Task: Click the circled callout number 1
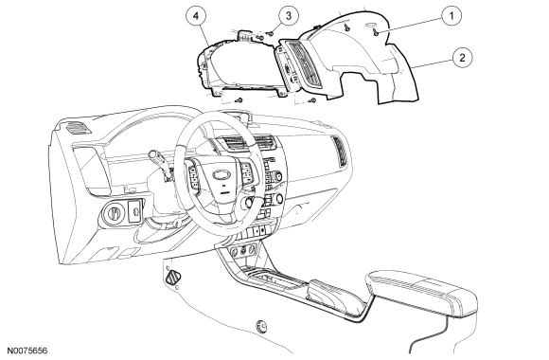click(x=452, y=16)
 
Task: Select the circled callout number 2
click(x=462, y=57)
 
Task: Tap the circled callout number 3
click(x=289, y=15)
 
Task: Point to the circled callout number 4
click(x=196, y=15)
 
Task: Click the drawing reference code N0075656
click(x=27, y=351)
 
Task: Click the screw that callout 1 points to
click(x=376, y=32)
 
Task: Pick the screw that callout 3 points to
click(x=271, y=33)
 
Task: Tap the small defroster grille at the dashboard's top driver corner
click(x=78, y=128)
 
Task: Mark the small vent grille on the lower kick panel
click(x=173, y=278)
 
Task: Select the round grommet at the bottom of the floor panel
click(x=261, y=326)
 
